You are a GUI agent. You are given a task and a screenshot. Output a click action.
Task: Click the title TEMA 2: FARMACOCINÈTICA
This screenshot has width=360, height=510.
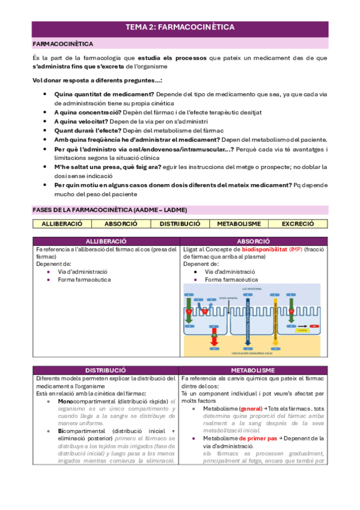point(180,27)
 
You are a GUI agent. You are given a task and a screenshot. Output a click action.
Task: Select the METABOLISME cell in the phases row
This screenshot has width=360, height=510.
point(239,223)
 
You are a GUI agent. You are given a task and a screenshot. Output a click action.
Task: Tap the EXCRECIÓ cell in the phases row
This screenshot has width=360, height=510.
point(298,223)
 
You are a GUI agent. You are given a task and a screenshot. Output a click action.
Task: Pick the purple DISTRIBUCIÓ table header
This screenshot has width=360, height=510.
point(105,370)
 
